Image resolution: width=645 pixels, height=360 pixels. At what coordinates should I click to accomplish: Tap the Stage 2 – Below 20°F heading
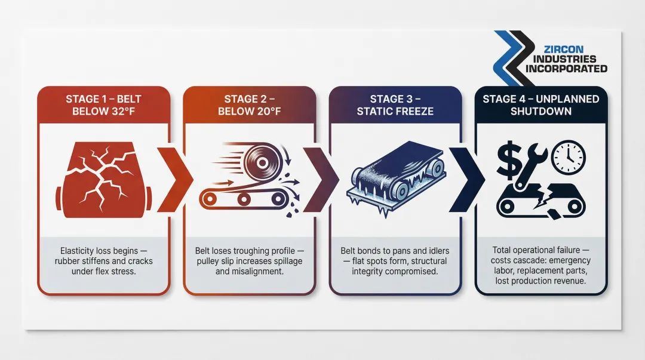tap(249, 105)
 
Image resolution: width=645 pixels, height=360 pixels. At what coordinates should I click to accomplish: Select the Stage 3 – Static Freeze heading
tap(395, 105)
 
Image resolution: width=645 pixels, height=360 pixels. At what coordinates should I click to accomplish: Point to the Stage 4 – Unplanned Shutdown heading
tap(541, 105)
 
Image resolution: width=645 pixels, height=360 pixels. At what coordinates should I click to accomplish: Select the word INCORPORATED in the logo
tap(567, 69)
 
